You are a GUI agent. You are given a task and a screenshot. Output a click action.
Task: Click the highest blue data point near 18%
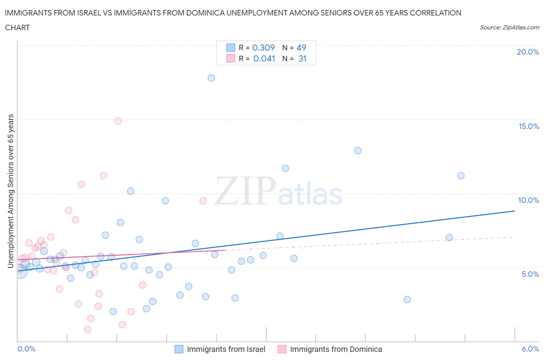point(211,78)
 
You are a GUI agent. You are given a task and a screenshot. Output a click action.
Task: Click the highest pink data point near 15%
point(118,121)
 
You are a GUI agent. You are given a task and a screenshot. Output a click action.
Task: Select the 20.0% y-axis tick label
point(528,52)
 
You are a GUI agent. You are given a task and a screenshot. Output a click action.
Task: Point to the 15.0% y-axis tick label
point(529,126)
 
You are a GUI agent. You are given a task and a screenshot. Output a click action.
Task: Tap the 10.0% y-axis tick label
point(529,200)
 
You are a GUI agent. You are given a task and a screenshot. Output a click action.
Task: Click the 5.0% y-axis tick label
point(530,274)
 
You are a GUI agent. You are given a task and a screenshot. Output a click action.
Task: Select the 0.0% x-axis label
point(26,349)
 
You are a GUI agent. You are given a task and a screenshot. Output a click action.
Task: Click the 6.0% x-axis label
point(530,349)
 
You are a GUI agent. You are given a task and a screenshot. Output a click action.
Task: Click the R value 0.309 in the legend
point(263,48)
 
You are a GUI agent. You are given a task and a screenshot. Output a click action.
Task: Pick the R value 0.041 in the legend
point(264,58)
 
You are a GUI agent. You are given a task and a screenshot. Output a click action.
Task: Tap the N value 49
point(301,48)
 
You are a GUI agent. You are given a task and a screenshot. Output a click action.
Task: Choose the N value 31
point(303,58)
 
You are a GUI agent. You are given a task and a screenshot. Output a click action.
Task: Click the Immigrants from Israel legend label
point(226,349)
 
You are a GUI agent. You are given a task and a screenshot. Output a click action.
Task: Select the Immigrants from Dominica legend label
point(336,349)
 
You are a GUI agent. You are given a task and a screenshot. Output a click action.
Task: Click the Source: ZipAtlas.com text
point(509,27)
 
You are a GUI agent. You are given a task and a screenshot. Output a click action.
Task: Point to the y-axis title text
point(11,191)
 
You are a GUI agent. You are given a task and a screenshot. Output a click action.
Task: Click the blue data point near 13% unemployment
point(358,150)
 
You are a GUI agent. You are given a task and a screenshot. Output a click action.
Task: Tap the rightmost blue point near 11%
point(461,175)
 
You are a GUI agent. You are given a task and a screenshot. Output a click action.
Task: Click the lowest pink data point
point(87,329)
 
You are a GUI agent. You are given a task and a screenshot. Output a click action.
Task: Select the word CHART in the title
point(17,27)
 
